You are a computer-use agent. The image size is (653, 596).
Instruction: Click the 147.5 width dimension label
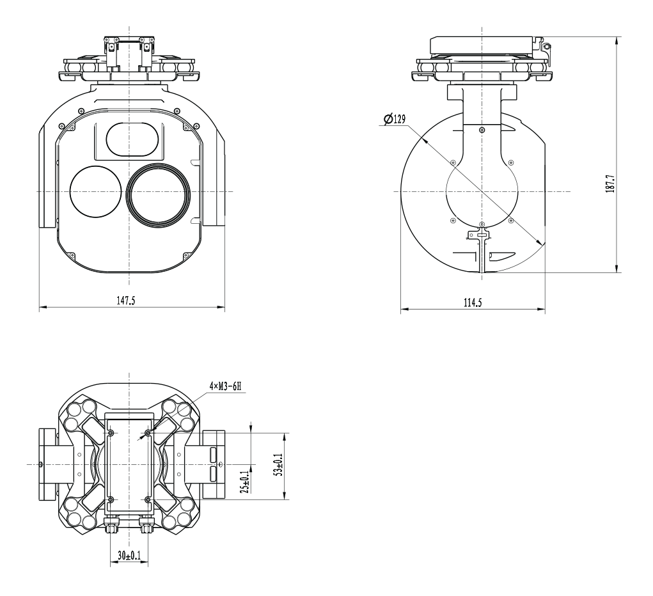click(x=125, y=300)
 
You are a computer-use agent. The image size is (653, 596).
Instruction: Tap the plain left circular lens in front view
click(x=95, y=192)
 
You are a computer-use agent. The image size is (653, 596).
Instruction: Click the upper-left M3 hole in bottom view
click(x=111, y=434)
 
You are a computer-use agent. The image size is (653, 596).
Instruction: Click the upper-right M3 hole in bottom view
click(x=148, y=434)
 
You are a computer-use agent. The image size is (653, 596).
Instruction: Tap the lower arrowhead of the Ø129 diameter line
click(x=540, y=242)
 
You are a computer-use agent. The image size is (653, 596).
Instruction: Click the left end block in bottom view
click(x=47, y=464)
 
